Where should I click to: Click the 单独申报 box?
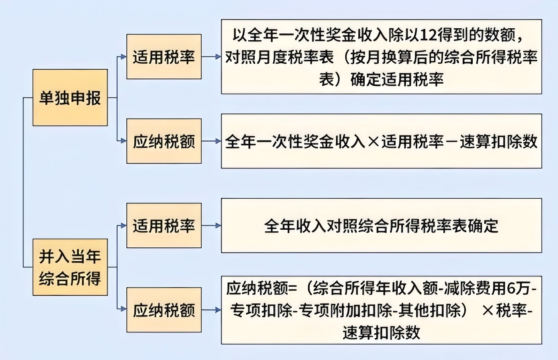70,98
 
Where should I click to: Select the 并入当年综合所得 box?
70,267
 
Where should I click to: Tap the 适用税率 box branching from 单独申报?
164,57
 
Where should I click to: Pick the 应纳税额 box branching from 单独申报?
164,141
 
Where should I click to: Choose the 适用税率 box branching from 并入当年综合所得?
164,225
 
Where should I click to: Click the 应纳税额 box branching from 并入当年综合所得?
164,310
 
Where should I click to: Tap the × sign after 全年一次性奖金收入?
373,142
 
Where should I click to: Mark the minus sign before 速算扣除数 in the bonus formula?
452,142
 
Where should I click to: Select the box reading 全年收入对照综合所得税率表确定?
381,225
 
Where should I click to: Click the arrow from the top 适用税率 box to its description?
211,57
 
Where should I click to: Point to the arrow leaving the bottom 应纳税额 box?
211,310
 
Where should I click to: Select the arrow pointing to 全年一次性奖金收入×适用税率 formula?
211,141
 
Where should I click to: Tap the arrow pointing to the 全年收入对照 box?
211,225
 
